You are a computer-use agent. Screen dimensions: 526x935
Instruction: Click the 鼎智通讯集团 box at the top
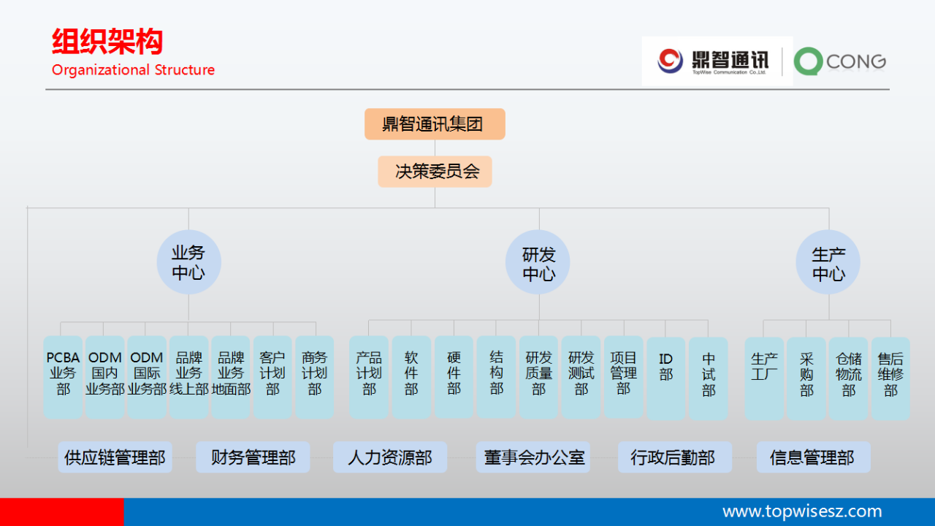pos(435,124)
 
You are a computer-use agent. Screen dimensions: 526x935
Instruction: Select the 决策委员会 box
pos(435,172)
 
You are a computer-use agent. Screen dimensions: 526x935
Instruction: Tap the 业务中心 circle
pos(188,263)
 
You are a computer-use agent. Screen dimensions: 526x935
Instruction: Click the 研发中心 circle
pos(538,263)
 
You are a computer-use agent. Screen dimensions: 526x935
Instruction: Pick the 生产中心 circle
pos(828,263)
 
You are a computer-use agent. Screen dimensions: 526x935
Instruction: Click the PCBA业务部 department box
pos(63,376)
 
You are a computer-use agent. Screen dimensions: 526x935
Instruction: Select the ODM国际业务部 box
pos(147,376)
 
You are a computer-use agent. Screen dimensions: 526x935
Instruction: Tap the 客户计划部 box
pos(272,376)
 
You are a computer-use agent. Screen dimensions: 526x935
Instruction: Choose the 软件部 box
pos(411,376)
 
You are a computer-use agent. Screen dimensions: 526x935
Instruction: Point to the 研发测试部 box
pos(581,376)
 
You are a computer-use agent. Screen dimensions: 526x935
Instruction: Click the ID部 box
pos(665,376)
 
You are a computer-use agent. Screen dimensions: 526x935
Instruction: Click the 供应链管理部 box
pos(115,457)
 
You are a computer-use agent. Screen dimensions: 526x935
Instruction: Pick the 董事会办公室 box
pos(533,457)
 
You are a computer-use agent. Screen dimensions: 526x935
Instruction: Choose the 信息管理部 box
pos(812,457)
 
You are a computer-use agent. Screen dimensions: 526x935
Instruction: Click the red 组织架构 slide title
pos(107,42)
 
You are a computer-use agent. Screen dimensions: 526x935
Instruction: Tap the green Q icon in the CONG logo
pos(808,62)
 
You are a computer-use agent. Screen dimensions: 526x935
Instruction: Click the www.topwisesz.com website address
pos(801,511)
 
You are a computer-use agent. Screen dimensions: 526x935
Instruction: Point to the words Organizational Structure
pos(133,70)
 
